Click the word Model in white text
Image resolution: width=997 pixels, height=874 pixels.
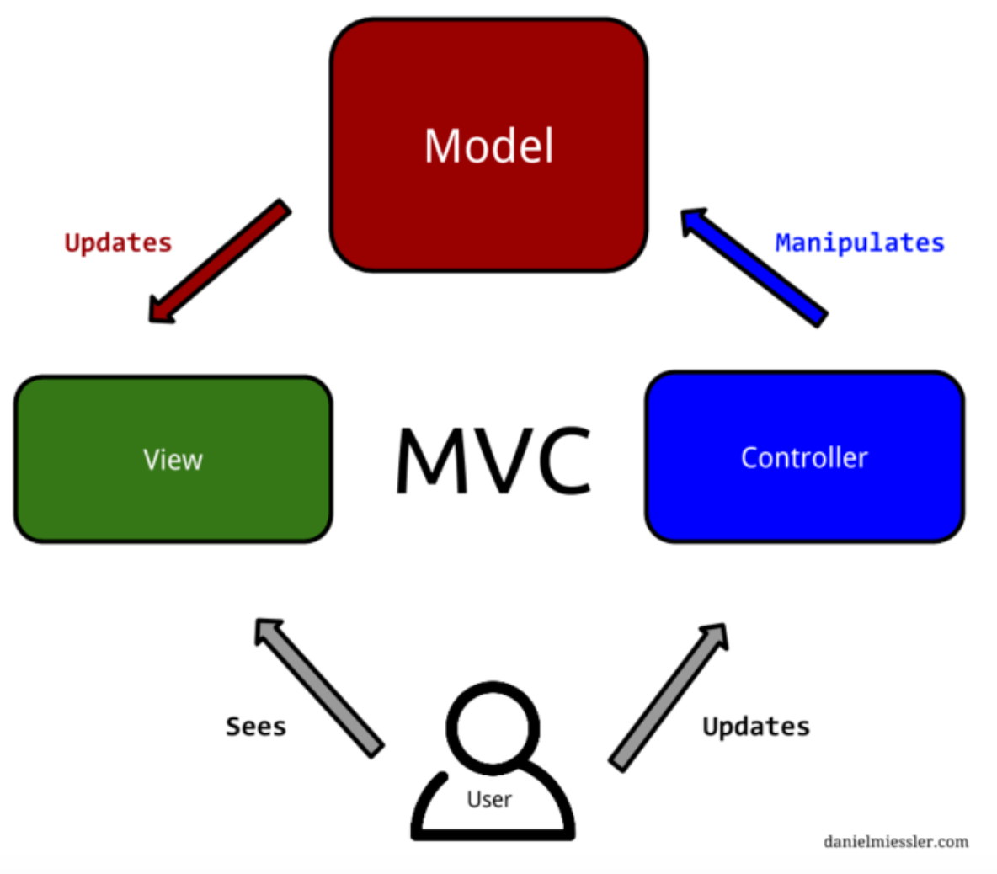click(x=488, y=146)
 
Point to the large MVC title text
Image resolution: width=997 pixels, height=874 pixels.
click(x=493, y=460)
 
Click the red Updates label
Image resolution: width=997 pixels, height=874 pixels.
click(x=118, y=242)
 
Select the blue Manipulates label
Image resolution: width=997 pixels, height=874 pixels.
click(x=860, y=242)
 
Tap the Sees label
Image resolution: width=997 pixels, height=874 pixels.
click(x=256, y=727)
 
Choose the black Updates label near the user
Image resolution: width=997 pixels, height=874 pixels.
click(x=756, y=727)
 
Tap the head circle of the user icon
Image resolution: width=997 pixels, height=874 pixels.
click(x=493, y=725)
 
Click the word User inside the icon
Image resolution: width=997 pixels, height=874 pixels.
click(x=489, y=799)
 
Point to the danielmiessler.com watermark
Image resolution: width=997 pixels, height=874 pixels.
click(x=896, y=841)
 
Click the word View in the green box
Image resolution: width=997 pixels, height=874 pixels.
click(x=173, y=460)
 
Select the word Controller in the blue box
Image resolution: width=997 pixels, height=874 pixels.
click(x=804, y=458)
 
